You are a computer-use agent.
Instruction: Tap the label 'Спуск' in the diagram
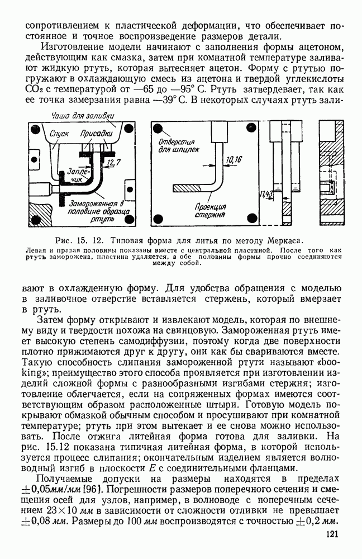pyautogui.click(x=59, y=135)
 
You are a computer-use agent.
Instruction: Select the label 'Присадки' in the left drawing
pyautogui.click(x=96, y=135)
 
